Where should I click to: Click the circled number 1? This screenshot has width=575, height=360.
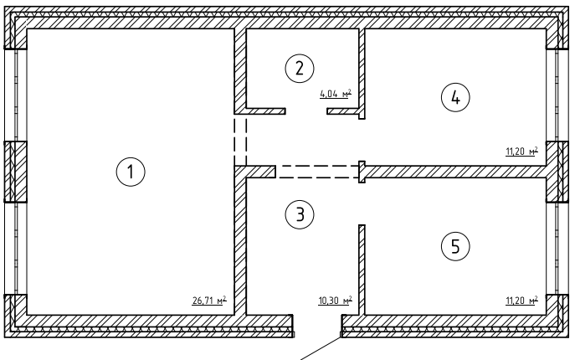(x=130, y=172)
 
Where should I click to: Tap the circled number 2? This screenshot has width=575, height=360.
(x=297, y=67)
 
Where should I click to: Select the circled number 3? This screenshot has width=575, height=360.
(x=299, y=215)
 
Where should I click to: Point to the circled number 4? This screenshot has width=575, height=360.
(x=455, y=98)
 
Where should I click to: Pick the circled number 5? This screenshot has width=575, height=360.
(x=455, y=246)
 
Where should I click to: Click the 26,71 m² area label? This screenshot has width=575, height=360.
(x=209, y=300)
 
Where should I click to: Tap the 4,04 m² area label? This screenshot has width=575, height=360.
(x=335, y=95)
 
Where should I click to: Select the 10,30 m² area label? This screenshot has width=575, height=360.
(x=335, y=300)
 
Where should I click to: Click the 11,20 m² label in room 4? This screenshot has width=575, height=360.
(x=520, y=152)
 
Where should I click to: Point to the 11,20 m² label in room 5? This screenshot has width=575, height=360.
(x=520, y=300)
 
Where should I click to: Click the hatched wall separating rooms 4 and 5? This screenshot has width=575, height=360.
(x=456, y=171)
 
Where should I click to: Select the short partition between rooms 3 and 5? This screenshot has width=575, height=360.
(x=362, y=268)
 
